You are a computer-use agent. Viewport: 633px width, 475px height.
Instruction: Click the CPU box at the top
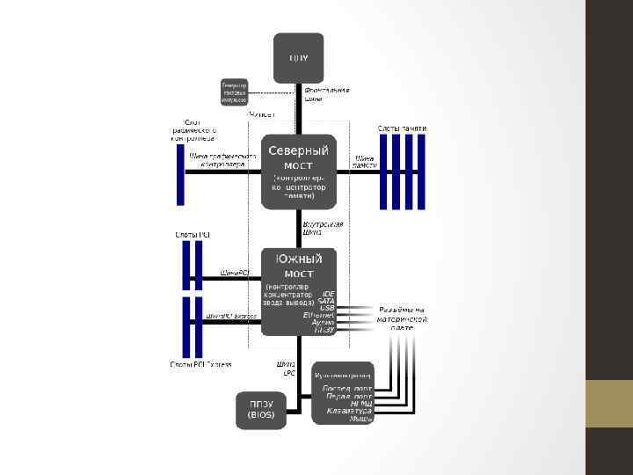click(299, 58)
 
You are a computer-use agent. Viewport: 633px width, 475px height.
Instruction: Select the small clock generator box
click(234, 93)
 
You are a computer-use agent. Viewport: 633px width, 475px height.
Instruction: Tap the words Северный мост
click(298, 157)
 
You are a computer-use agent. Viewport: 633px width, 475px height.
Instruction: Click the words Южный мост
click(298, 266)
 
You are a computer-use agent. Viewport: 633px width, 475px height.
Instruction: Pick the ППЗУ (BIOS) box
click(260, 409)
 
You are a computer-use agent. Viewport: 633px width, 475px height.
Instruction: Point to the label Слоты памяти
click(403, 128)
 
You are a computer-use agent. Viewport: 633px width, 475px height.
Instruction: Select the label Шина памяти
click(365, 161)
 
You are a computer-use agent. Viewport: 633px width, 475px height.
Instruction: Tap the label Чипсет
click(262, 115)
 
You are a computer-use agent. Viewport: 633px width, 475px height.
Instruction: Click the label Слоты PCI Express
click(201, 364)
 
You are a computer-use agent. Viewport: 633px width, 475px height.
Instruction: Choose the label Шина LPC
click(287, 368)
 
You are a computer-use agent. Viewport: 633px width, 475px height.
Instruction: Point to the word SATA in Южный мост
click(326, 301)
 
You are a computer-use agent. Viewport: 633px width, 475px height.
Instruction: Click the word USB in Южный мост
click(327, 308)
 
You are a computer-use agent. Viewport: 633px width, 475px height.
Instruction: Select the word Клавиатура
click(349, 411)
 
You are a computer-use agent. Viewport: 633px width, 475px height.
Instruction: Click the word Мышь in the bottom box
click(361, 419)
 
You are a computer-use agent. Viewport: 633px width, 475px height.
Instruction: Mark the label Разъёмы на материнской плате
click(403, 318)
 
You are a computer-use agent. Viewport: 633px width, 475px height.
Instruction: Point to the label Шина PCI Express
click(231, 315)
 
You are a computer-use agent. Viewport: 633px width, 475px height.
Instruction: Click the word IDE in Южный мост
click(328, 294)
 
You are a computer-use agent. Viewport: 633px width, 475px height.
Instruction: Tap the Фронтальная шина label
click(327, 94)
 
